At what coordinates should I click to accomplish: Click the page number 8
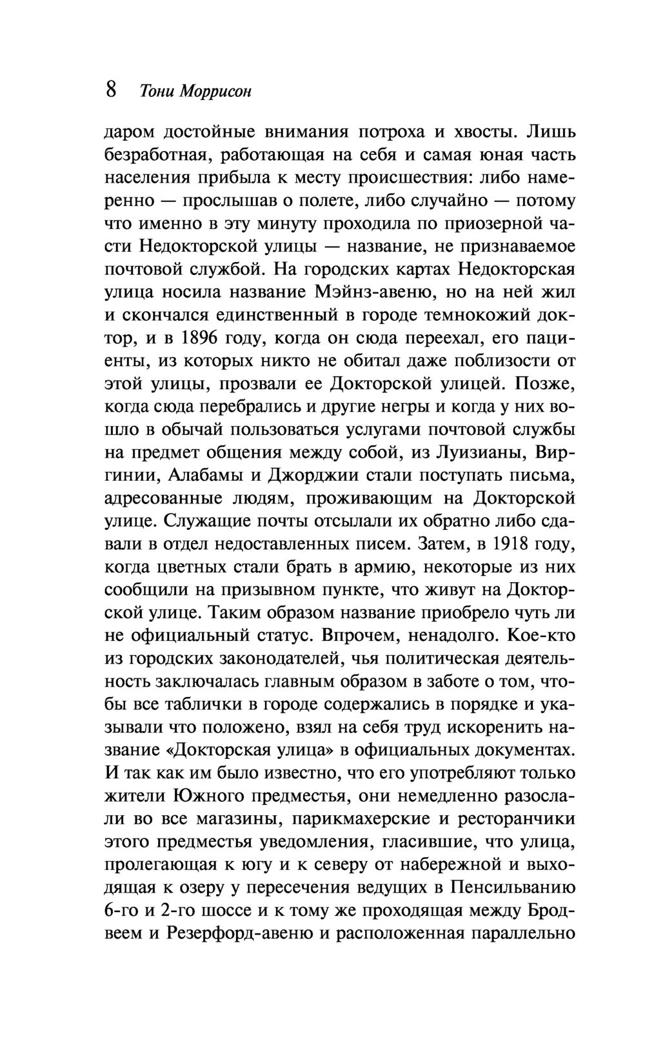111,90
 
